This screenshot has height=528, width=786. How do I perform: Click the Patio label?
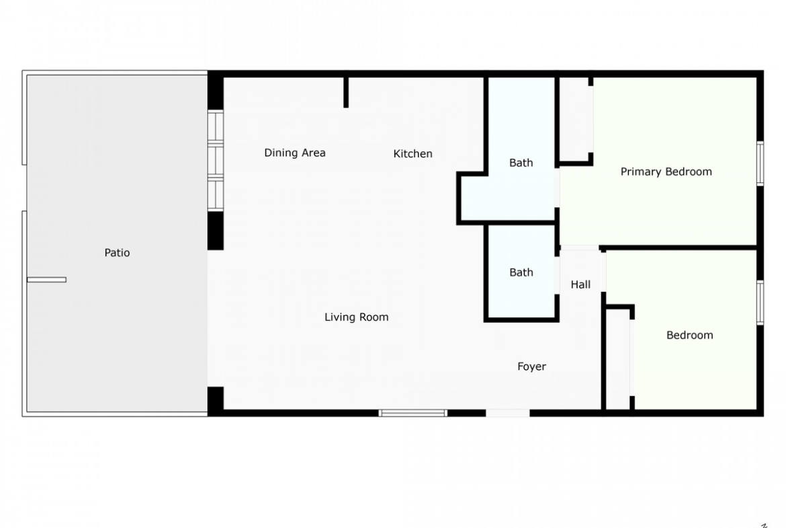tap(117, 252)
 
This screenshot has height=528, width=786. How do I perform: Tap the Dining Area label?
tap(295, 153)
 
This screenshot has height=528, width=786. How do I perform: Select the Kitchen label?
tap(412, 153)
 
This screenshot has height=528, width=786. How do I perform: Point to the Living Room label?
tap(357, 317)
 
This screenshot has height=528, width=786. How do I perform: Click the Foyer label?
tap(531, 367)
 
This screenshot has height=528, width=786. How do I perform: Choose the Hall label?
tap(580, 285)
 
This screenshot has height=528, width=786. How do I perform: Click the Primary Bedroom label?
tap(666, 172)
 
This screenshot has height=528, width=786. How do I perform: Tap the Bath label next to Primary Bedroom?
tap(521, 163)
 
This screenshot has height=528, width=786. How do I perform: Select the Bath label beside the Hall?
tap(521, 272)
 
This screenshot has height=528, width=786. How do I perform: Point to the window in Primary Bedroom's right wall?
tap(760, 163)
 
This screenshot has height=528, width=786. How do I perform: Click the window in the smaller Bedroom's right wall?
tap(760, 303)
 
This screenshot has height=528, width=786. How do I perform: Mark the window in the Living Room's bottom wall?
tap(412, 413)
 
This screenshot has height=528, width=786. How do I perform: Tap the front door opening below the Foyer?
tap(508, 413)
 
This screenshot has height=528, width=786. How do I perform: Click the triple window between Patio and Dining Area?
tap(216, 161)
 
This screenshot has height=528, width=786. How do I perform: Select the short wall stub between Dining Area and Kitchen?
tap(346, 92)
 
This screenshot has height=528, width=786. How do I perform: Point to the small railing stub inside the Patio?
tap(46, 280)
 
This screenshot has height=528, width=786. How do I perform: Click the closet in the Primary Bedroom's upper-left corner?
tap(576, 120)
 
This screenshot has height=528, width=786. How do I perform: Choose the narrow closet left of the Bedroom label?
tap(618, 359)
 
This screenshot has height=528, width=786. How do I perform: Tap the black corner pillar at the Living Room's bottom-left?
tap(216, 401)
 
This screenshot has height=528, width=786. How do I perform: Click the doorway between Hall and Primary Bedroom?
tap(580, 248)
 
